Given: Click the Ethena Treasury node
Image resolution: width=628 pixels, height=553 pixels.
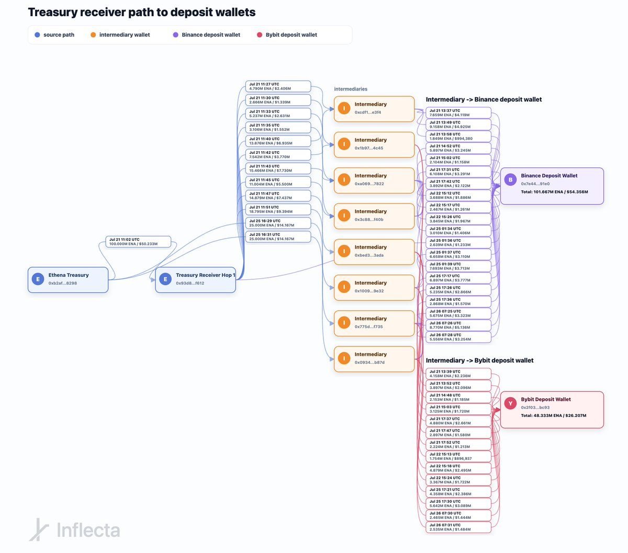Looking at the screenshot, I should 68,279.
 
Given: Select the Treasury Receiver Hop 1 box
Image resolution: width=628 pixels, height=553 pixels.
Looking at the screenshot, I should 195,279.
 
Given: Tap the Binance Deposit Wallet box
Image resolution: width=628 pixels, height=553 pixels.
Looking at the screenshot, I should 552,186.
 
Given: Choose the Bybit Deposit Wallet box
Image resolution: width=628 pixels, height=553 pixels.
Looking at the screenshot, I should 552,410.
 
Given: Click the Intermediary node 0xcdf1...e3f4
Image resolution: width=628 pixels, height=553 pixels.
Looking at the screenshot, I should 374,108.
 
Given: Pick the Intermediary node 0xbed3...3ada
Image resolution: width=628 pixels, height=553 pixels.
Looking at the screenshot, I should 374,251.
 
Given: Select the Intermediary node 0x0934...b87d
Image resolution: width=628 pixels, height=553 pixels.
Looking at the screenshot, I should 374,358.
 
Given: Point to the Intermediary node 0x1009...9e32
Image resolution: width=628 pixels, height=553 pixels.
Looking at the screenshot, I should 374,287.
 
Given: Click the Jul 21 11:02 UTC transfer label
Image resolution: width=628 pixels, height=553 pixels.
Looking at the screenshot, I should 138,241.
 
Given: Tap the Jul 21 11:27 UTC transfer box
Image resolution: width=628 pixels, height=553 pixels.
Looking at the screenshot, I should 278,86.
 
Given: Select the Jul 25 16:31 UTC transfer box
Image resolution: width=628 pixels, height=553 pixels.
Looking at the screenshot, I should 278,236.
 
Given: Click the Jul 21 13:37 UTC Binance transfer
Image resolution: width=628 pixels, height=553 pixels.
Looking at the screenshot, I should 458,112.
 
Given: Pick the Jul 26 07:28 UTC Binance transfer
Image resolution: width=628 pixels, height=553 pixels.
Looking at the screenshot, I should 458,337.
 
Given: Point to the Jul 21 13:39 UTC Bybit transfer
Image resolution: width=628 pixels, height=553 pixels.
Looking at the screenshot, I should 458,374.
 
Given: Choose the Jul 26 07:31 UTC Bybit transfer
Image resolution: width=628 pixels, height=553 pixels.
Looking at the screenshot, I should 458,527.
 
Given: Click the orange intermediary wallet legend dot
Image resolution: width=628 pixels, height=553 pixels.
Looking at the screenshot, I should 93,35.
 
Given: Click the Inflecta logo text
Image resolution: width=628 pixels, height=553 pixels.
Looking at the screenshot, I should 88,531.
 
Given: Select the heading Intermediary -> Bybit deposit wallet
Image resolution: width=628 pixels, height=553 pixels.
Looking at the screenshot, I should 479,360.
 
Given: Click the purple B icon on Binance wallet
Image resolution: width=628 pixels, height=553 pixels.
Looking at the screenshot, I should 511,179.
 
